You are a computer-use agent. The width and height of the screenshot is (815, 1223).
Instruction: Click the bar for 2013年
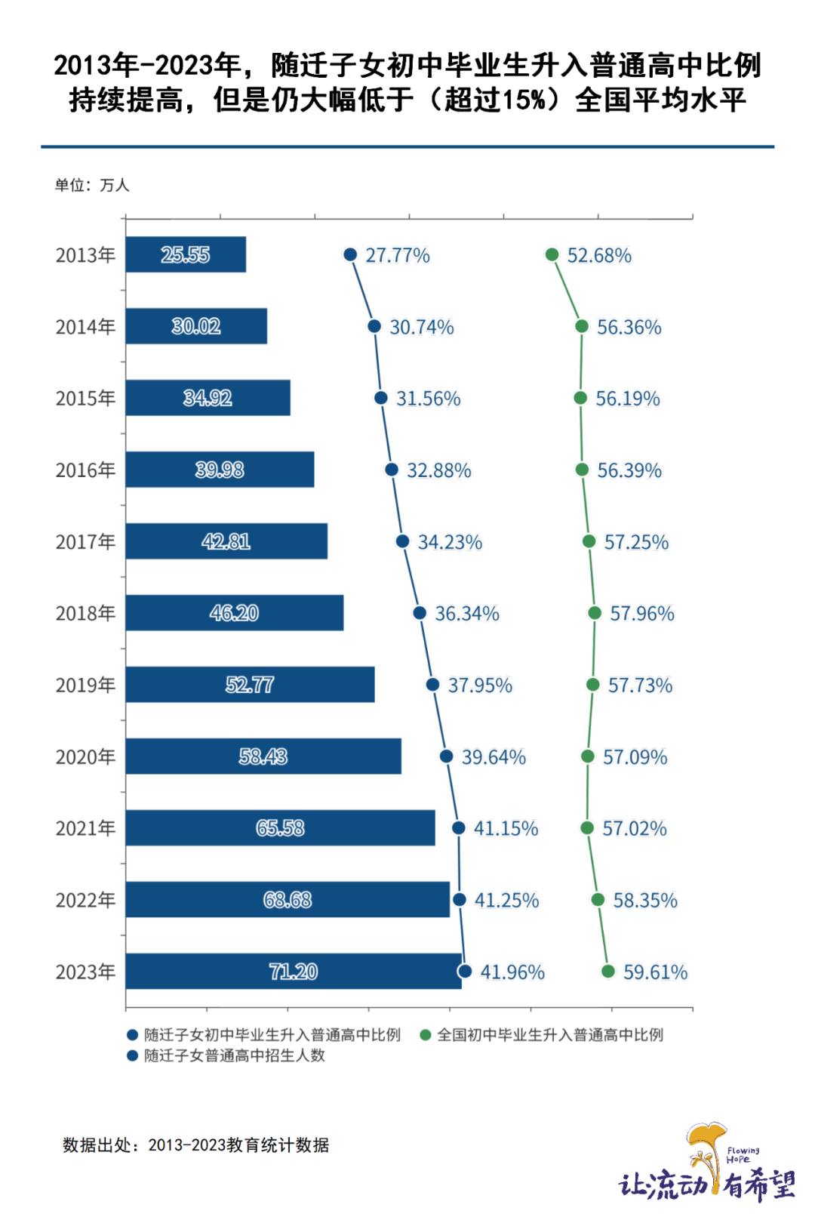(x=186, y=254)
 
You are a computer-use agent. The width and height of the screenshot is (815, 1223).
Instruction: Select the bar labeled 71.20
(x=293, y=971)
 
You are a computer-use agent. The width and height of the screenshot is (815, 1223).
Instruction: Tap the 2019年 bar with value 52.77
(x=250, y=685)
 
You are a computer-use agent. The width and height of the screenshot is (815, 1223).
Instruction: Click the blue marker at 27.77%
(x=350, y=254)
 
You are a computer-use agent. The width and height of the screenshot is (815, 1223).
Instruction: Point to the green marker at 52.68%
(x=552, y=254)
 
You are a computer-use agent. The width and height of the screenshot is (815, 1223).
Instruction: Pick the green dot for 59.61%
(x=608, y=971)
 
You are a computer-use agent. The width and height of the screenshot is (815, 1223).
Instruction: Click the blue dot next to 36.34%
(x=420, y=613)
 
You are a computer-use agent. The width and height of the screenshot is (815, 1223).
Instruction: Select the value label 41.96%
(x=512, y=972)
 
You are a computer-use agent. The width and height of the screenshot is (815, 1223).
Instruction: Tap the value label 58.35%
(x=645, y=900)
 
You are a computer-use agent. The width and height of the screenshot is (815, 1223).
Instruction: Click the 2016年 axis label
(x=85, y=470)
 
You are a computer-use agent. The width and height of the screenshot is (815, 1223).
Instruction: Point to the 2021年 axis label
(x=85, y=828)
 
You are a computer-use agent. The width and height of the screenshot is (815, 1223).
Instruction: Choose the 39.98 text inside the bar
(x=220, y=470)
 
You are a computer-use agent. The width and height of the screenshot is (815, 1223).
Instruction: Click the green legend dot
(x=426, y=1035)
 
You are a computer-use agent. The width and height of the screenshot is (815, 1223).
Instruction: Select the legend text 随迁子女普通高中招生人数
(x=234, y=1055)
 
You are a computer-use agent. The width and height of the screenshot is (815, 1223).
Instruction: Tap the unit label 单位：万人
(x=92, y=185)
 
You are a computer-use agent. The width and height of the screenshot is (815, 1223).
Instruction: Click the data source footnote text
(x=196, y=1145)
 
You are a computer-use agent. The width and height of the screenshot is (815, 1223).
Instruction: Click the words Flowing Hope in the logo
(x=743, y=1155)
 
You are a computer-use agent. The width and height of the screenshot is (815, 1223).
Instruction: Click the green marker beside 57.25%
(x=589, y=541)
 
